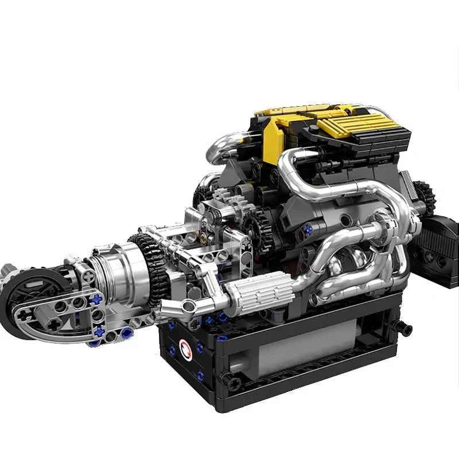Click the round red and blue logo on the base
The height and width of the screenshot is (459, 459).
[185, 347]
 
